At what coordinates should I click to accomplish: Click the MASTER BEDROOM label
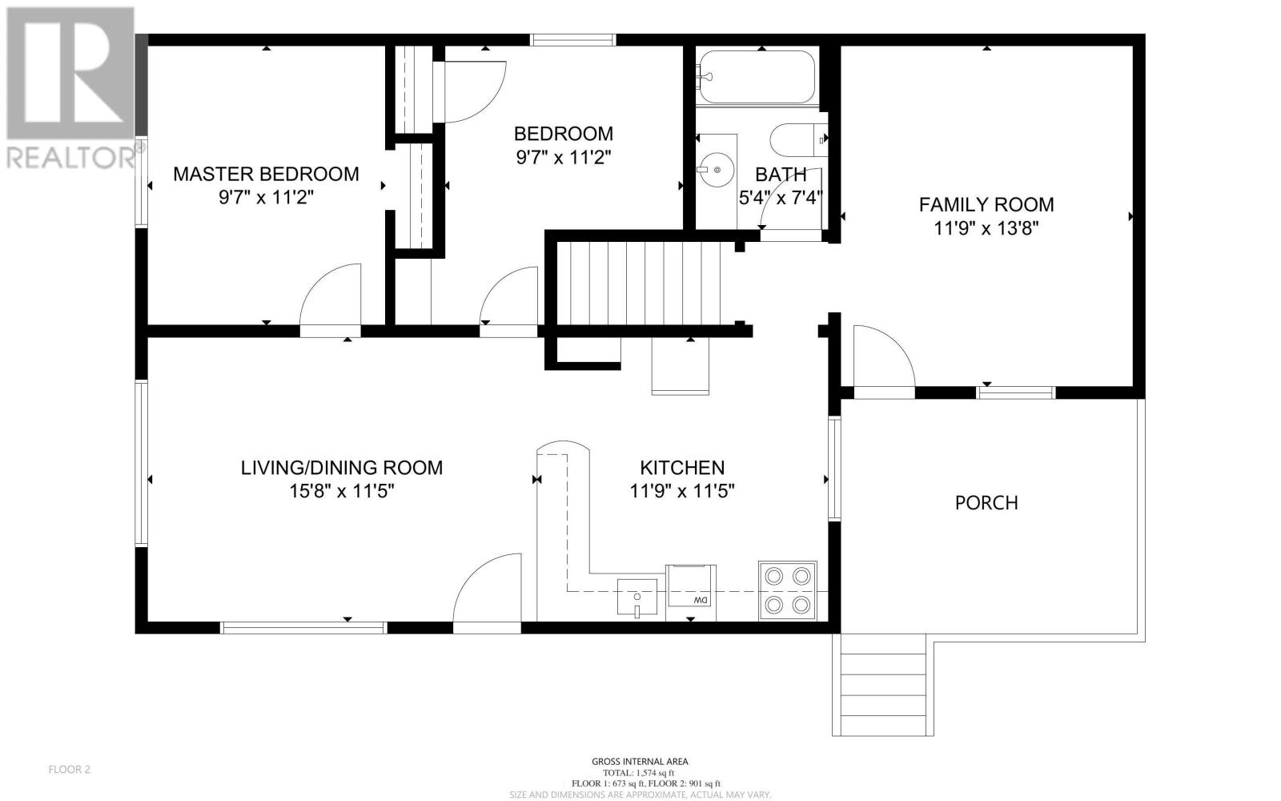coord(266,174)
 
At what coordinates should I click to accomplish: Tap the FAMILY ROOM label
coord(986,204)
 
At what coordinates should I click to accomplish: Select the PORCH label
coord(986,503)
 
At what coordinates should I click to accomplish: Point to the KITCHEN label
coord(682,468)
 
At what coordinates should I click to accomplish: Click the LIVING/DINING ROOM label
coord(342,468)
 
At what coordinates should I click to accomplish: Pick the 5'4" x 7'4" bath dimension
coord(781,198)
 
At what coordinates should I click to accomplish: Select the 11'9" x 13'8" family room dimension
coord(986,228)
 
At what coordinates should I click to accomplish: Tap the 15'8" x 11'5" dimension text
coord(342,491)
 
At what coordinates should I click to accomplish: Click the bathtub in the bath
coord(757,77)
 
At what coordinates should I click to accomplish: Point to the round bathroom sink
coord(716,170)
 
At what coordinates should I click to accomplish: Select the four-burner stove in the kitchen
coord(788,590)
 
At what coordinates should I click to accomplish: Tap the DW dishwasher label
coord(701,600)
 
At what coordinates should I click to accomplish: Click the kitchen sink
coord(637,597)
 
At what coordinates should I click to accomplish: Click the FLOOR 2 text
coord(69,770)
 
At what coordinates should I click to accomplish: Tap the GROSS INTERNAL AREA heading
coord(640,762)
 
